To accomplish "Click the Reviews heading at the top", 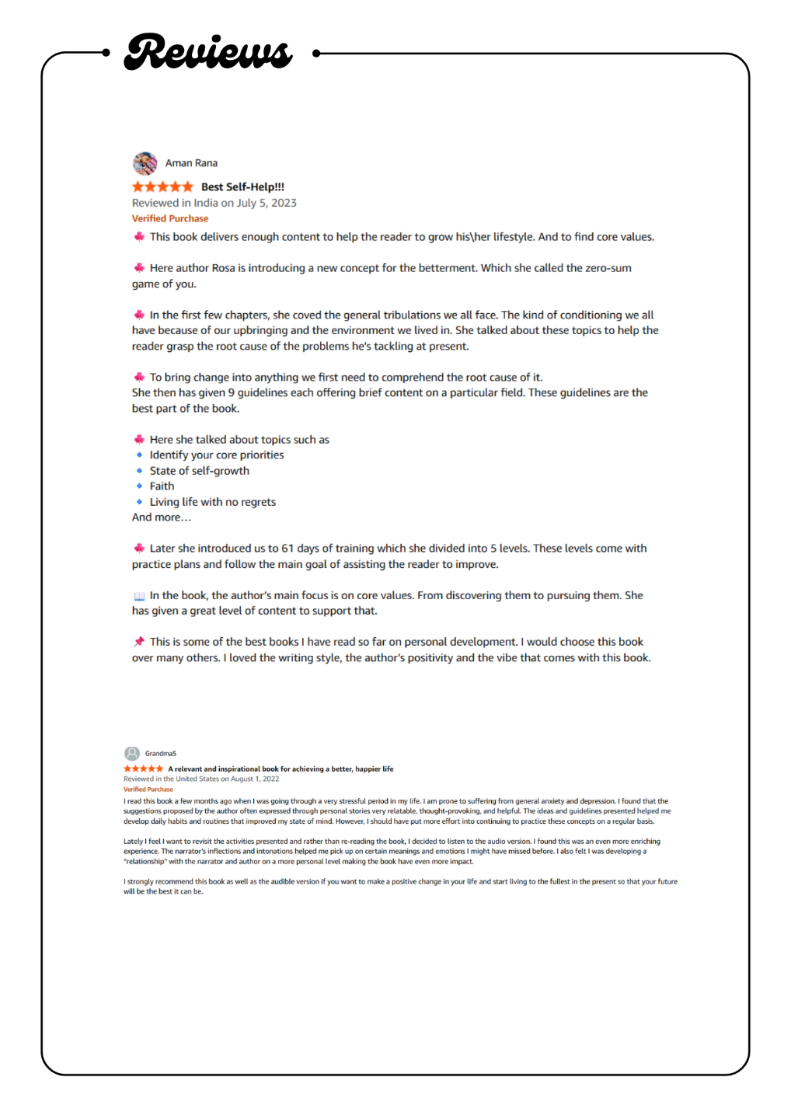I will tap(208, 52).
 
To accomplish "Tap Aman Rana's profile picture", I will tap(145, 163).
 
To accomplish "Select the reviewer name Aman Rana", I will tap(191, 163).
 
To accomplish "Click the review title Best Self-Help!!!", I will tap(242, 186).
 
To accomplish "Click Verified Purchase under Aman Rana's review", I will tap(170, 218).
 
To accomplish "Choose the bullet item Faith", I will tap(162, 486).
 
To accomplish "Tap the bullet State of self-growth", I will tap(199, 471).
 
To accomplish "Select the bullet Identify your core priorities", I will tap(217, 455).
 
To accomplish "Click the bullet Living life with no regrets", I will tap(212, 502).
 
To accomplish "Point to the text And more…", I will tap(161, 518).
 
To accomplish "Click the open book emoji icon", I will tap(139, 596).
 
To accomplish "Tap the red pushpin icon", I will tap(139, 642).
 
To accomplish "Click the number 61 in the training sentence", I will tap(287, 549).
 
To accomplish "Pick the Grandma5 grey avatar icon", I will tap(132, 753).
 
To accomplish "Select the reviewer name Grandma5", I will tap(161, 754).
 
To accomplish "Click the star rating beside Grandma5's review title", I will tap(144, 769).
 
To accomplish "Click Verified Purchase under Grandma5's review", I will tap(148, 790).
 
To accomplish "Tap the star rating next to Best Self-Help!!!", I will tap(162, 186).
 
